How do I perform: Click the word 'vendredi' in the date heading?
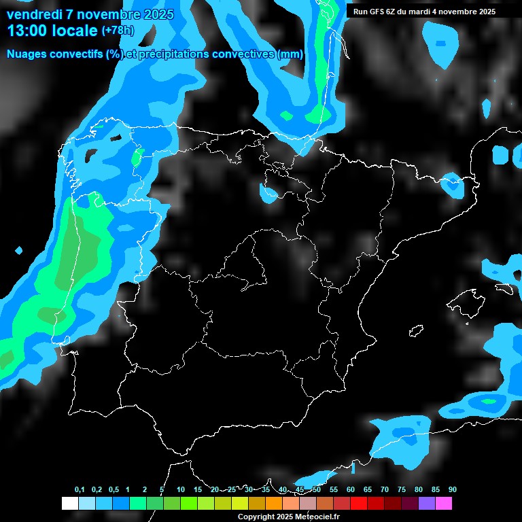[x=35, y=14]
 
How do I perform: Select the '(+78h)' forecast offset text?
[x=118, y=31]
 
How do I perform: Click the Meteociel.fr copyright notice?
[x=290, y=517]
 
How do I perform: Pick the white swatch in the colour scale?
[x=69, y=504]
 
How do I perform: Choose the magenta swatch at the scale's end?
[x=443, y=504]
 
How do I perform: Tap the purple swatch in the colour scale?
[x=426, y=504]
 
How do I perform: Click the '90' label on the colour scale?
[x=453, y=490]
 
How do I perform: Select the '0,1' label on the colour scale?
[x=80, y=490]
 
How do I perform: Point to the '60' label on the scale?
[x=351, y=490]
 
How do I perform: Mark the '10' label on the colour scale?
[x=181, y=490]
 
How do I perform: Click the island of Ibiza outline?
[x=416, y=331]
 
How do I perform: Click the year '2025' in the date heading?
[x=158, y=14]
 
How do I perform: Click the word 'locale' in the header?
[x=74, y=31]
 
